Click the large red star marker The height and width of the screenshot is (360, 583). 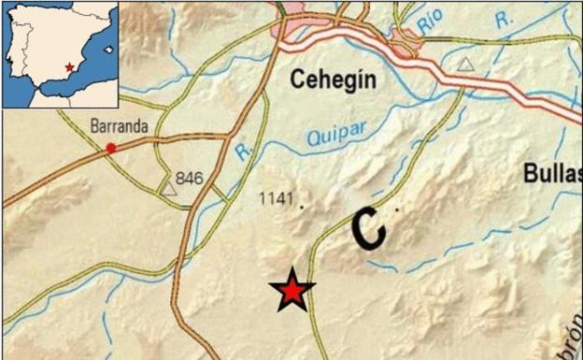[x=292, y=292]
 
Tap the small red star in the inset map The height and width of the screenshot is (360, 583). [x=70, y=68]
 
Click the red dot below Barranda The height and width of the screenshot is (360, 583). [x=111, y=148]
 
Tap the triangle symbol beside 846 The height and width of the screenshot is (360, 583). [x=169, y=189]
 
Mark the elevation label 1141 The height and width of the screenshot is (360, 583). [x=279, y=198]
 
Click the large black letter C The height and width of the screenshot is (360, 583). [x=369, y=227]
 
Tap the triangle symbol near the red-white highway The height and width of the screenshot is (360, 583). [x=465, y=65]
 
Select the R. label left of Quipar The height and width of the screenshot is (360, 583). [x=244, y=151]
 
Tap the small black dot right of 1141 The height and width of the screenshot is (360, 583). [x=302, y=209]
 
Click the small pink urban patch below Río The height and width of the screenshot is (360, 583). [x=407, y=40]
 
